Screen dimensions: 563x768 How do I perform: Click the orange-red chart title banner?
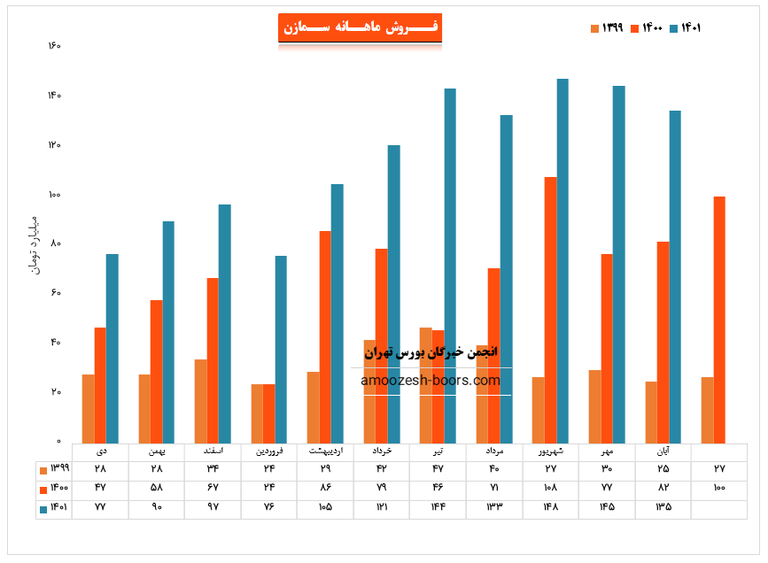(360, 27)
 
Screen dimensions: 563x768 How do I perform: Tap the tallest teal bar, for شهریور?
(562, 261)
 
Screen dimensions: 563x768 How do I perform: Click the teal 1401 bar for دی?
(112, 349)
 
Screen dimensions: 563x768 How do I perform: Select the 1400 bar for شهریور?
(551, 310)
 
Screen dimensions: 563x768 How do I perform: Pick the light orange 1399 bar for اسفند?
(201, 401)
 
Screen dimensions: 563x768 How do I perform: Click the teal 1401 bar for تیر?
(450, 266)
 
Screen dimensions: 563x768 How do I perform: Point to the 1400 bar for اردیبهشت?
(325, 336)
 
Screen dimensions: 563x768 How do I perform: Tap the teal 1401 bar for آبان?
(675, 276)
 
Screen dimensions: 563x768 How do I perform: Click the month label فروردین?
(268, 451)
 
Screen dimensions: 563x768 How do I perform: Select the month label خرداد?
(382, 451)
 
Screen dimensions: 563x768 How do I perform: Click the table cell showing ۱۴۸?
(551, 507)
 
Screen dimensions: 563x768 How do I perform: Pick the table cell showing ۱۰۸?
(551, 488)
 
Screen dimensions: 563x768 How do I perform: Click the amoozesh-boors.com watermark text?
(431, 381)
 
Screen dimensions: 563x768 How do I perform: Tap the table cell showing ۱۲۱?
(382, 507)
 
